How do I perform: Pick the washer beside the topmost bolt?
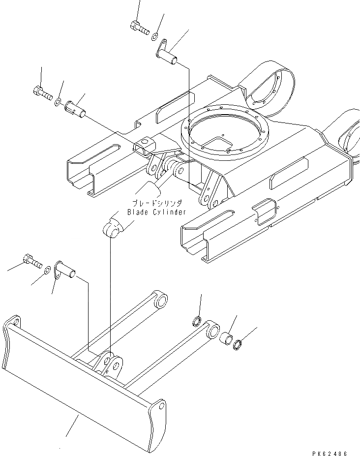click(154, 35)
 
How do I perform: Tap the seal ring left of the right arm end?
click(197, 322)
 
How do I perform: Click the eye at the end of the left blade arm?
click(160, 300)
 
